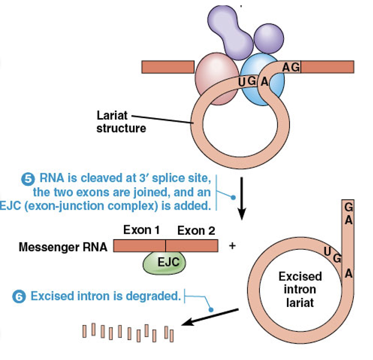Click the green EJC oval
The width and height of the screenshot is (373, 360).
click(x=164, y=262)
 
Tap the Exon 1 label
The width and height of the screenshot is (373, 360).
click(x=141, y=230)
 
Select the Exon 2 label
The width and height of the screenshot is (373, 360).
click(x=196, y=230)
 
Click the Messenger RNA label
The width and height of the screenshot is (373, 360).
click(x=63, y=247)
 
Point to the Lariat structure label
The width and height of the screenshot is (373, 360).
click(x=121, y=121)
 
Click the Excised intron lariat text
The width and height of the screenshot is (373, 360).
click(x=300, y=290)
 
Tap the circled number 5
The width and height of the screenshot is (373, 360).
click(x=28, y=179)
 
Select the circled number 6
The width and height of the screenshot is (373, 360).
click(x=20, y=296)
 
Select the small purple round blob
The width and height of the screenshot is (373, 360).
click(x=268, y=36)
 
